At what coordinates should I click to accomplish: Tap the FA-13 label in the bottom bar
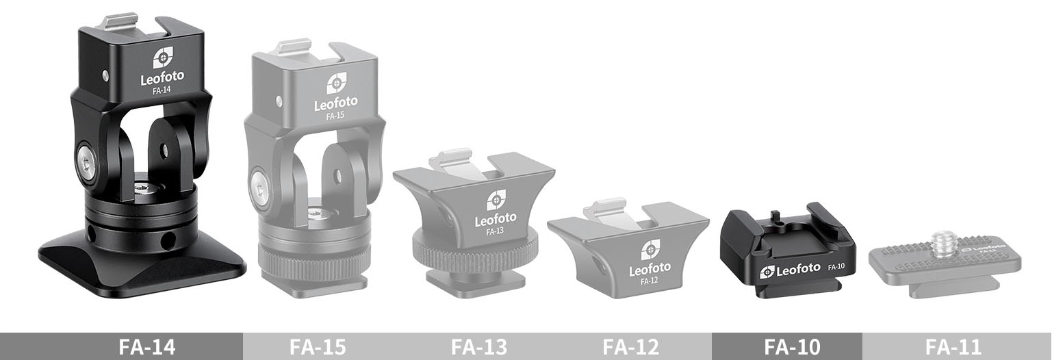click(479, 347)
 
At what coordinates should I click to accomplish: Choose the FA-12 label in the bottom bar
click(630, 347)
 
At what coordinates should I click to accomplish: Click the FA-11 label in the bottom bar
click(954, 347)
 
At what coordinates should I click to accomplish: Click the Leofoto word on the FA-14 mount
click(162, 79)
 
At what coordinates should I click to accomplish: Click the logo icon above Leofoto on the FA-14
click(162, 58)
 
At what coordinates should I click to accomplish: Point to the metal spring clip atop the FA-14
click(120, 22)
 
